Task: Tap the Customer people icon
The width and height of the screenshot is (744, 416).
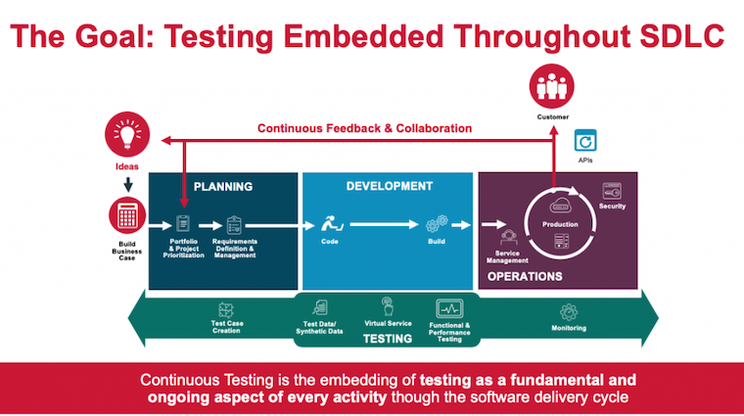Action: click(x=552, y=87)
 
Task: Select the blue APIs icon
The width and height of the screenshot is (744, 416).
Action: click(x=585, y=139)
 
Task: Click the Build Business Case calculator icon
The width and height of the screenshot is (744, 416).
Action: click(x=126, y=217)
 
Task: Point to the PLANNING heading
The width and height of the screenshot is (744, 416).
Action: click(x=223, y=186)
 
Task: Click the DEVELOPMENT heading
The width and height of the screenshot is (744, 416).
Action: click(x=390, y=185)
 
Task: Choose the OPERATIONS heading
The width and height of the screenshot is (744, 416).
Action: click(x=526, y=276)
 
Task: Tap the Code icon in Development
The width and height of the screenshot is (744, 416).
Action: click(x=329, y=223)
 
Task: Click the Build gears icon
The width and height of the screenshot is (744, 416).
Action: click(x=436, y=223)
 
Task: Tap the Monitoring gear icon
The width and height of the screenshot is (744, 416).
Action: click(x=569, y=311)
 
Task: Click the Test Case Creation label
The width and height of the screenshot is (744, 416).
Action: click(x=226, y=328)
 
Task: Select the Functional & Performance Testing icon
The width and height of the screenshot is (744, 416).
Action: click(x=449, y=308)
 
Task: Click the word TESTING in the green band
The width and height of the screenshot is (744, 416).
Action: click(x=388, y=340)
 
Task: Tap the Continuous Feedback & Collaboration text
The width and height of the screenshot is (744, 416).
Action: click(x=364, y=128)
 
